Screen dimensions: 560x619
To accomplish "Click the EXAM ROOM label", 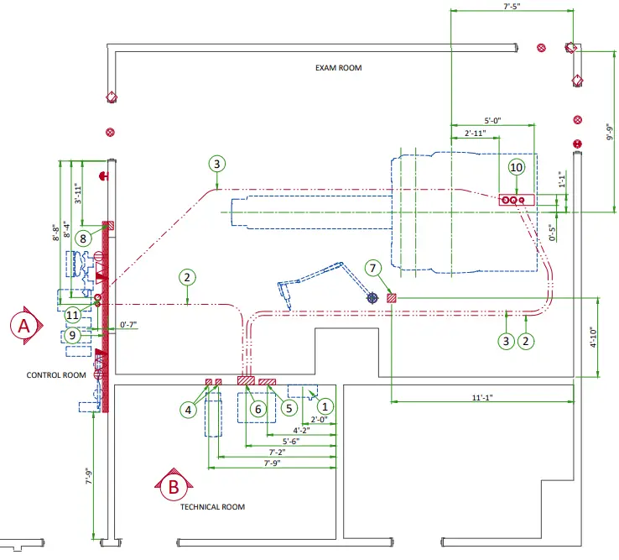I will (x=338, y=68).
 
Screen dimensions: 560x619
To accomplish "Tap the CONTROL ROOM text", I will (x=56, y=375).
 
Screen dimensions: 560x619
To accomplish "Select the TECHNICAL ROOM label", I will (x=212, y=507).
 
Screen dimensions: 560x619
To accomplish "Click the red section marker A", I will (x=25, y=325).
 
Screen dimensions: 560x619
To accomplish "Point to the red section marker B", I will (x=173, y=484).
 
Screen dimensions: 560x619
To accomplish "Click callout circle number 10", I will (x=516, y=168).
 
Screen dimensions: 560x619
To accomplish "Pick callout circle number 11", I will (x=73, y=314).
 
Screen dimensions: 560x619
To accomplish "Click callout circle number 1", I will (x=325, y=404).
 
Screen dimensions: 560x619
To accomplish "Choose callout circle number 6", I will (x=257, y=408).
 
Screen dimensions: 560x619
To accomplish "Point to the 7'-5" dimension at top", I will (x=513, y=6).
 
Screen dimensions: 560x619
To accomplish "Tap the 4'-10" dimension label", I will (x=593, y=338).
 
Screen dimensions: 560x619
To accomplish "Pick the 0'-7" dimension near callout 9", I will (x=128, y=324).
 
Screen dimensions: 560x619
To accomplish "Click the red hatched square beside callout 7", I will (x=392, y=298).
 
